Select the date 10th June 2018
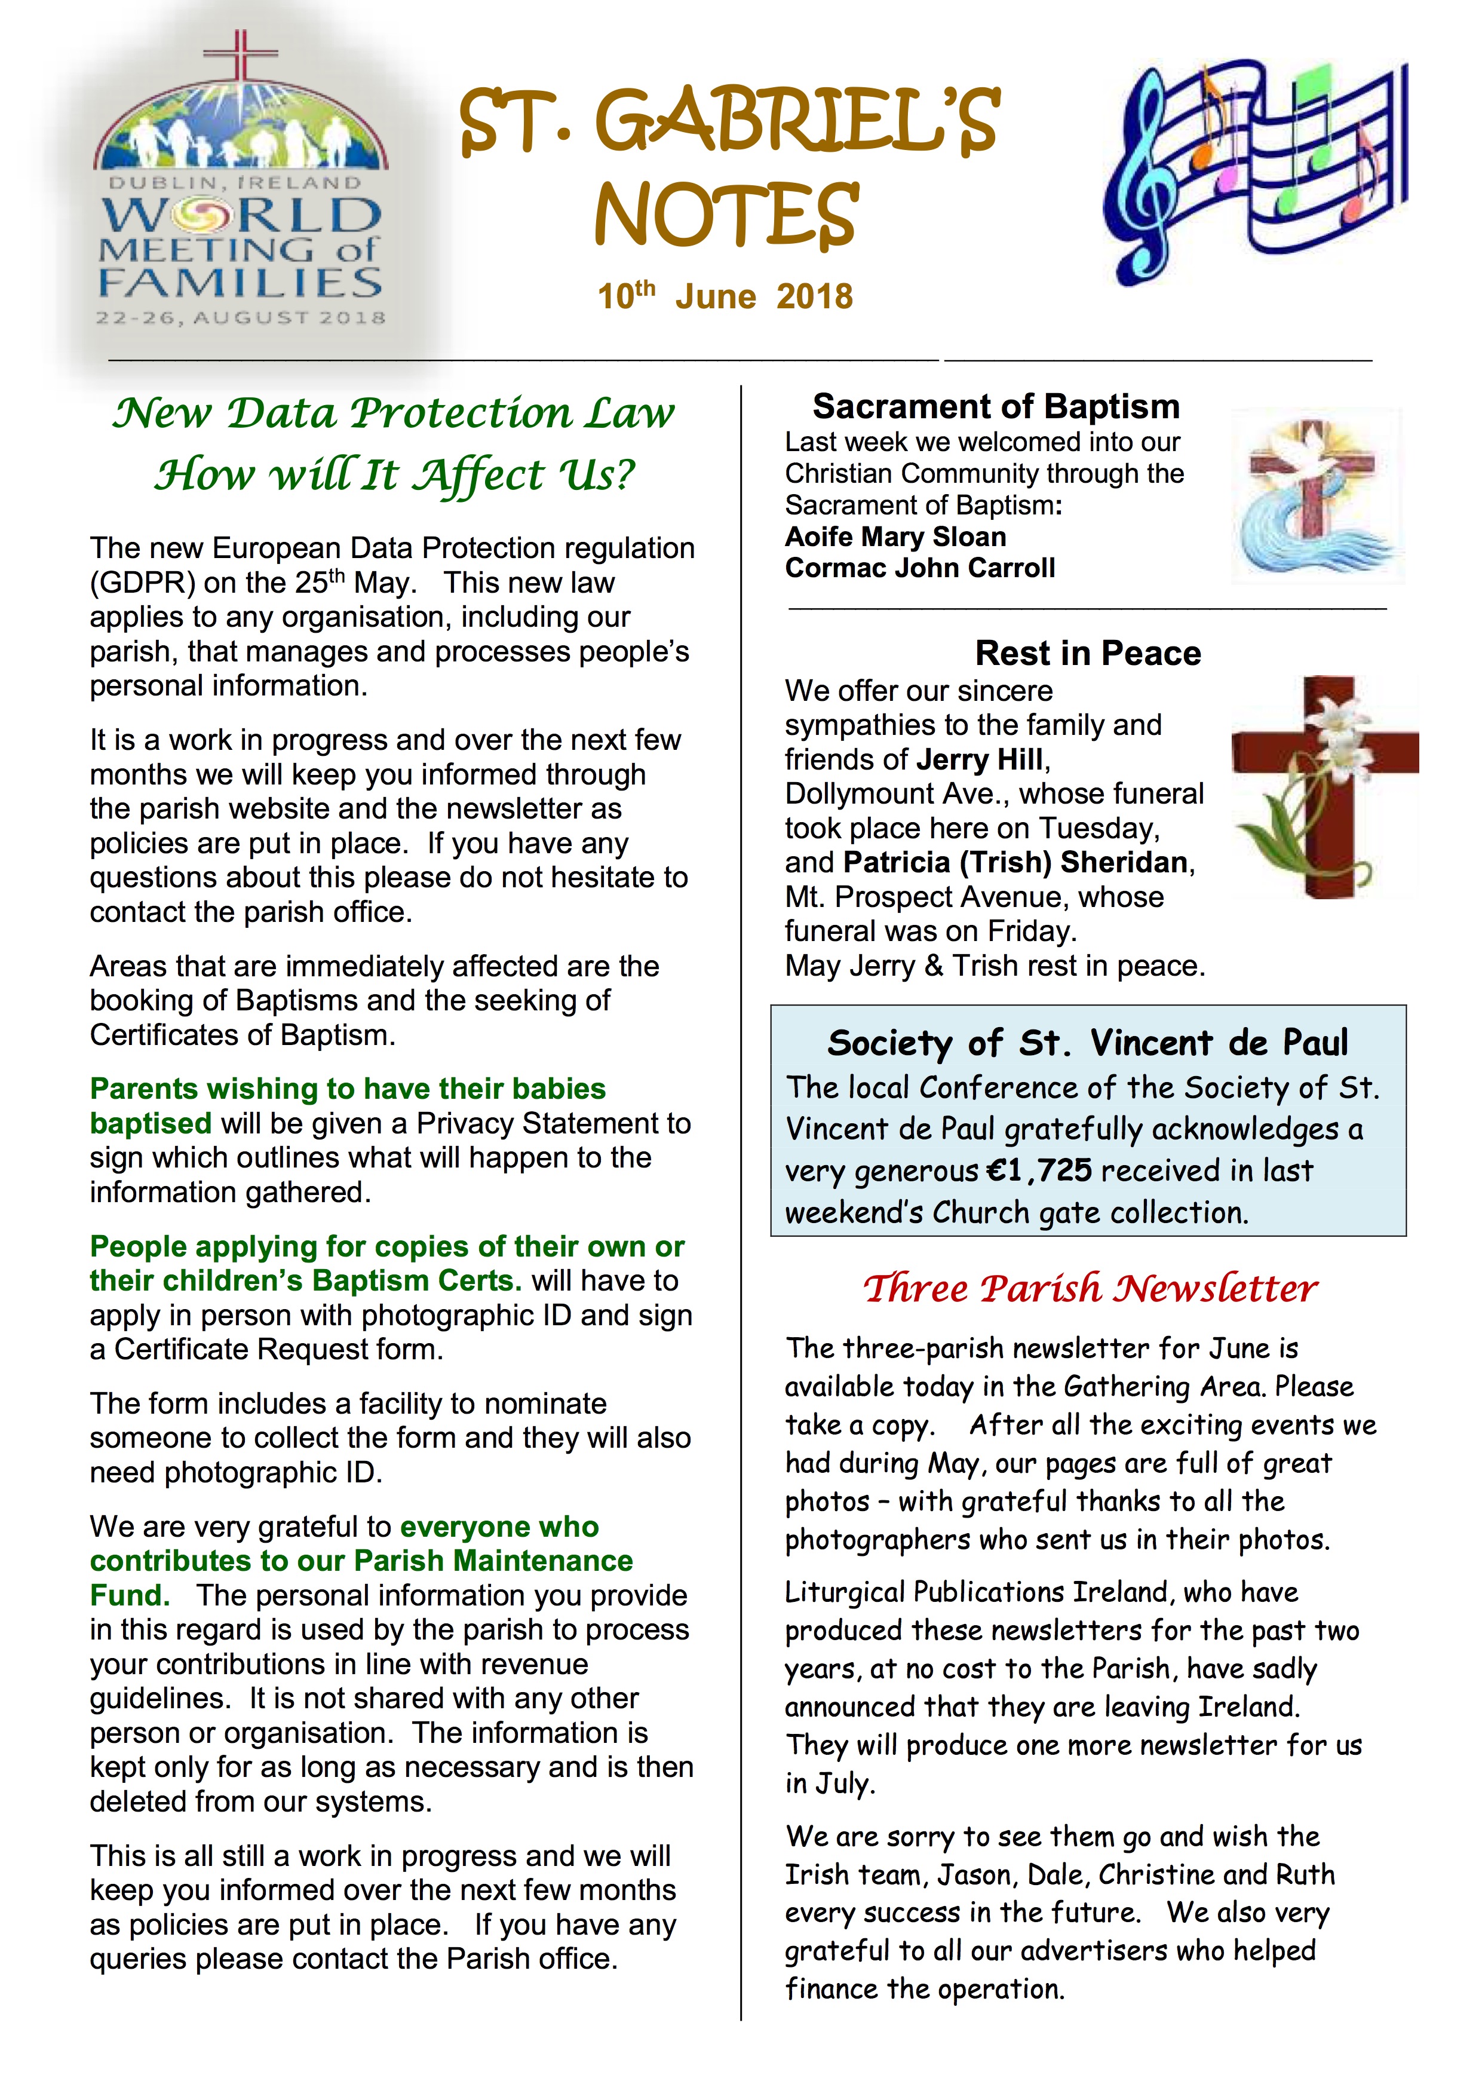tap(726, 297)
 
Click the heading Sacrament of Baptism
tap(996, 406)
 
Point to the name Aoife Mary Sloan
tap(895, 537)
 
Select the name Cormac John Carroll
tap(920, 568)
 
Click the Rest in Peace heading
tap(1088, 654)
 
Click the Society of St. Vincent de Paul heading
tap(1087, 1043)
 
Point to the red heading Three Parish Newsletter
tap(1091, 1289)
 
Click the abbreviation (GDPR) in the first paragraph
tap(142, 583)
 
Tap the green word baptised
tap(151, 1124)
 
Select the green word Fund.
tap(130, 1596)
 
